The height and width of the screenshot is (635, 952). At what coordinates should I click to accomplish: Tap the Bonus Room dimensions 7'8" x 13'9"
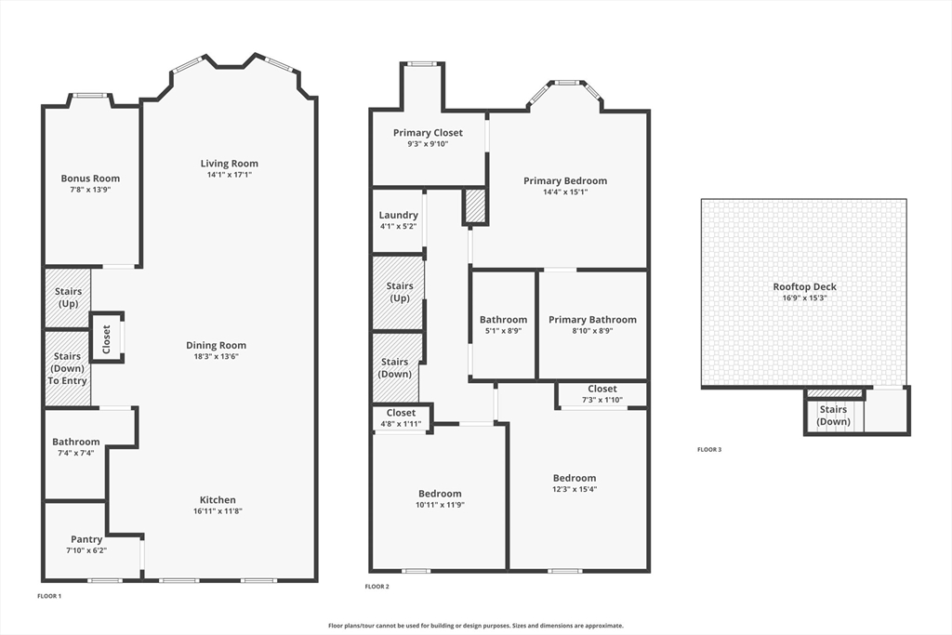click(90, 190)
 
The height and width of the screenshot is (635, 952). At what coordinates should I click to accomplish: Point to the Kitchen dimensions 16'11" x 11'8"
click(218, 511)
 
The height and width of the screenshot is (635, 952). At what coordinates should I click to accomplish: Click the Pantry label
click(86, 539)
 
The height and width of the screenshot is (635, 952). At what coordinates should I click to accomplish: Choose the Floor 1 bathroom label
click(76, 442)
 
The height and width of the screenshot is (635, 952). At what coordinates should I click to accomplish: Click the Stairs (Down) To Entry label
click(67, 368)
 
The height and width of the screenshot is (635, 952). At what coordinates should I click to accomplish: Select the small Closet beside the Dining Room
click(106, 337)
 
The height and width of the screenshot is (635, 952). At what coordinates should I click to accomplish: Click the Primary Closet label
click(428, 133)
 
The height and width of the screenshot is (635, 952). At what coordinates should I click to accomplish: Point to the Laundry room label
click(398, 215)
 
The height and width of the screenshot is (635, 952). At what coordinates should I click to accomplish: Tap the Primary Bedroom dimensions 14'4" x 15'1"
click(565, 192)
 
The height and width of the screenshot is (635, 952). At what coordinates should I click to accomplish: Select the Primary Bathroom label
click(592, 320)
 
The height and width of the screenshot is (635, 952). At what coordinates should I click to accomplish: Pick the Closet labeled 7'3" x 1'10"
click(602, 389)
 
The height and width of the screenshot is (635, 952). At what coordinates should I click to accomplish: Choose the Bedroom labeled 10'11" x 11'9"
click(440, 494)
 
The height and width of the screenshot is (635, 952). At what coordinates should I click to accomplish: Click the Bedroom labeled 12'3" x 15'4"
click(574, 478)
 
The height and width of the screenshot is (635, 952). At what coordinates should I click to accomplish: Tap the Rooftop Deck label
click(804, 286)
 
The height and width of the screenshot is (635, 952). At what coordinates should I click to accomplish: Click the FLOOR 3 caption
click(709, 450)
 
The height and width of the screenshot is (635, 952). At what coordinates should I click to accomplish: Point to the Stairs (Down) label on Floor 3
click(833, 415)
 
